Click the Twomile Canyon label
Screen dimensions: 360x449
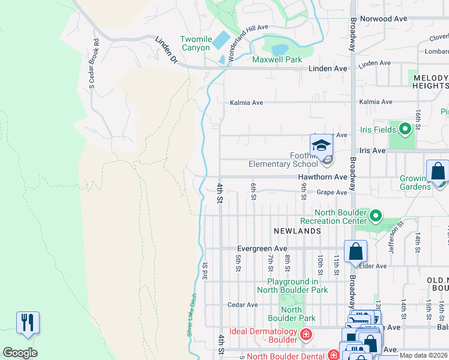[196, 44]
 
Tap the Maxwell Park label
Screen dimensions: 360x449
[277, 60]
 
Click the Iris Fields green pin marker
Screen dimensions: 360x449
[405, 128]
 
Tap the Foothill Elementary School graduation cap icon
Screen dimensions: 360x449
[321, 145]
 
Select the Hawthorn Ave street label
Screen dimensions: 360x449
[323, 178]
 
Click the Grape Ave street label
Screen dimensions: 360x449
[332, 193]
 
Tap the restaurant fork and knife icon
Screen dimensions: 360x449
[28, 322]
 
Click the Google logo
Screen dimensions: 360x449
[20, 353]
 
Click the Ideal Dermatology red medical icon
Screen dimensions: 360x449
[306, 334]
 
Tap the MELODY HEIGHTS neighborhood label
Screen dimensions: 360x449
[430, 82]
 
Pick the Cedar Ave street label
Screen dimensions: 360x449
[243, 305]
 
